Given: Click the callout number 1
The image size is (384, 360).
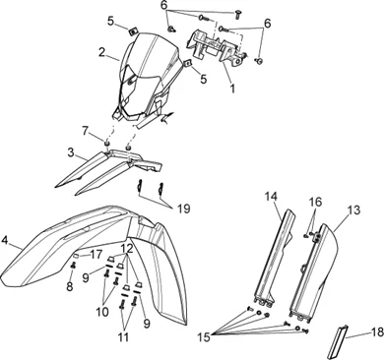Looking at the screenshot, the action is click(232, 88).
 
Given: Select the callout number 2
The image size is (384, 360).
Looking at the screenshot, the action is click(101, 52).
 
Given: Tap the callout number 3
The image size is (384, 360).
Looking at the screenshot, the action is click(71, 152).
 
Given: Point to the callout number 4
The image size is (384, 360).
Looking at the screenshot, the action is click(5, 240).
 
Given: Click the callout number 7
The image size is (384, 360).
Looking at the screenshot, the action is click(86, 132).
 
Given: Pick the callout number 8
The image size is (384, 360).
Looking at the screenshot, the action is click(70, 286).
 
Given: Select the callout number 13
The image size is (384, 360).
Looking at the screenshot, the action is click(353, 210).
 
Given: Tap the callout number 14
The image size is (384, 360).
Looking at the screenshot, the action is click(272, 197).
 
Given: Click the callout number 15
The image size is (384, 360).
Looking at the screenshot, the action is click(204, 336).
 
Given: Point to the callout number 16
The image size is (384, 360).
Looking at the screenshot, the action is click(315, 202).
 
